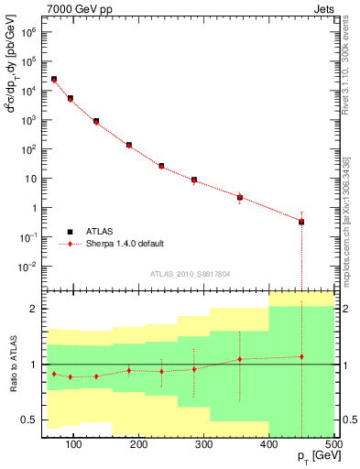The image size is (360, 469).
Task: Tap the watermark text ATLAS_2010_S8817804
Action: pos(190,272)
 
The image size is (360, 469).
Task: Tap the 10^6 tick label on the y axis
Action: pos(28,31)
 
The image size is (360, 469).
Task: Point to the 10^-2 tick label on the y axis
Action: pos(28,267)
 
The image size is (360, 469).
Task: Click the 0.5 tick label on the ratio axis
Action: pos(29,420)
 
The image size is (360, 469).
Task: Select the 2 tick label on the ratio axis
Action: pos(35,309)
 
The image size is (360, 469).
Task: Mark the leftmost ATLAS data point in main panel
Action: pos(54,80)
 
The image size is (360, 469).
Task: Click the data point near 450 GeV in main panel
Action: pos(301,222)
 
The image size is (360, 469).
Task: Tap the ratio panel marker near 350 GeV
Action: pos(239,359)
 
